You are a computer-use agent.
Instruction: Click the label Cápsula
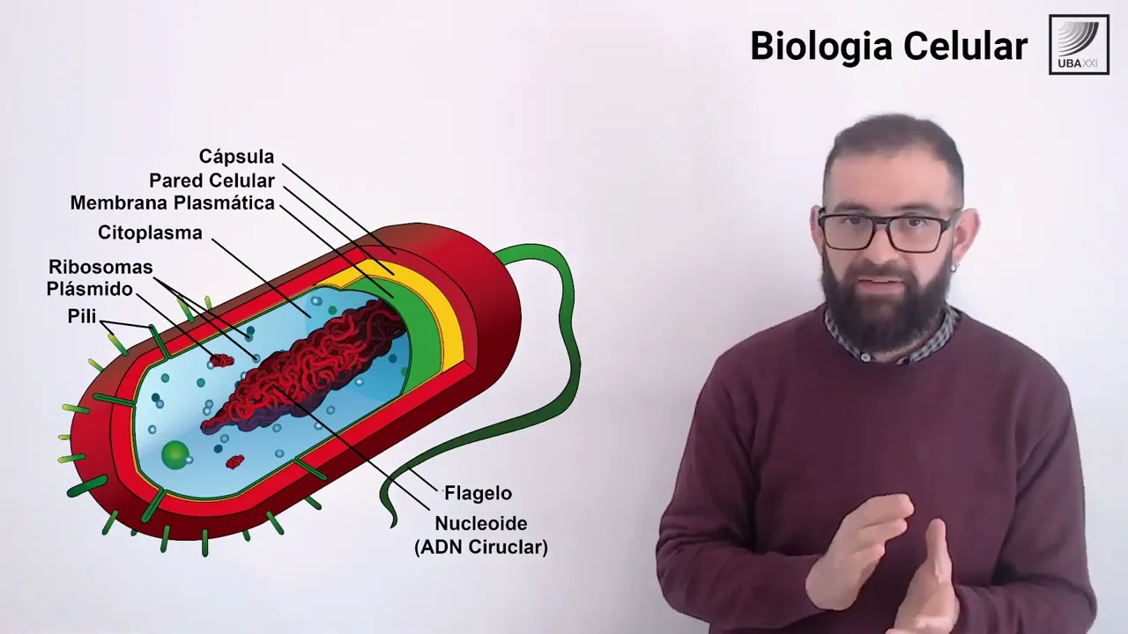pyautogui.click(x=236, y=157)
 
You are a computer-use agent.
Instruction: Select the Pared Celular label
pyautogui.click(x=211, y=181)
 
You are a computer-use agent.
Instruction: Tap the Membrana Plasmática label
pyautogui.click(x=173, y=203)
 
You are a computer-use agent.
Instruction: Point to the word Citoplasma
pyautogui.click(x=150, y=233)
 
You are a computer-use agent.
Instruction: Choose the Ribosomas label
pyautogui.click(x=100, y=267)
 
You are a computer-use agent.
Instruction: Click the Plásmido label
pyautogui.click(x=90, y=289)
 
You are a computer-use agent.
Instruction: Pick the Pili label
pyautogui.click(x=82, y=316)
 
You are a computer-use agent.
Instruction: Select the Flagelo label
pyautogui.click(x=478, y=493)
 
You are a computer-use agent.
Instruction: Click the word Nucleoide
pyautogui.click(x=481, y=524)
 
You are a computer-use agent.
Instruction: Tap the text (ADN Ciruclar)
pyautogui.click(x=481, y=547)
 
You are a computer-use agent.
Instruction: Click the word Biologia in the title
pyautogui.click(x=826, y=46)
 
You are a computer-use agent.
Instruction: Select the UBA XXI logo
pyautogui.click(x=1079, y=44)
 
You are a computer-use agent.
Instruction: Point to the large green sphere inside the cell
pyautogui.click(x=175, y=454)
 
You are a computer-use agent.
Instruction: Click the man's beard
pyautogui.click(x=886, y=308)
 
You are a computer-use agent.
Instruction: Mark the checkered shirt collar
pyautogui.click(x=934, y=339)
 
